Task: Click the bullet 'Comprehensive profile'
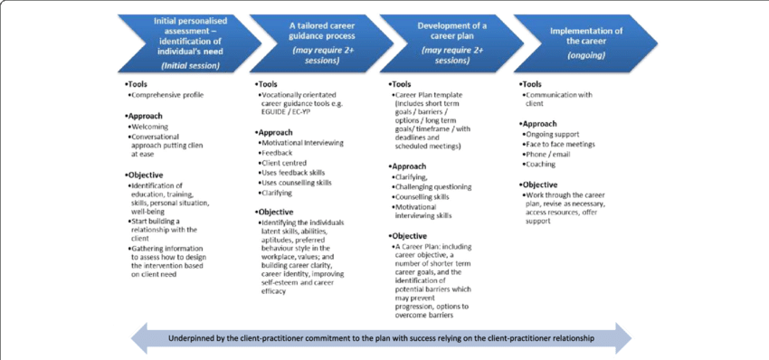[168, 95]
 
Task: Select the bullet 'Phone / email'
[550, 154]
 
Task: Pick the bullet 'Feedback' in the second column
[279, 154]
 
